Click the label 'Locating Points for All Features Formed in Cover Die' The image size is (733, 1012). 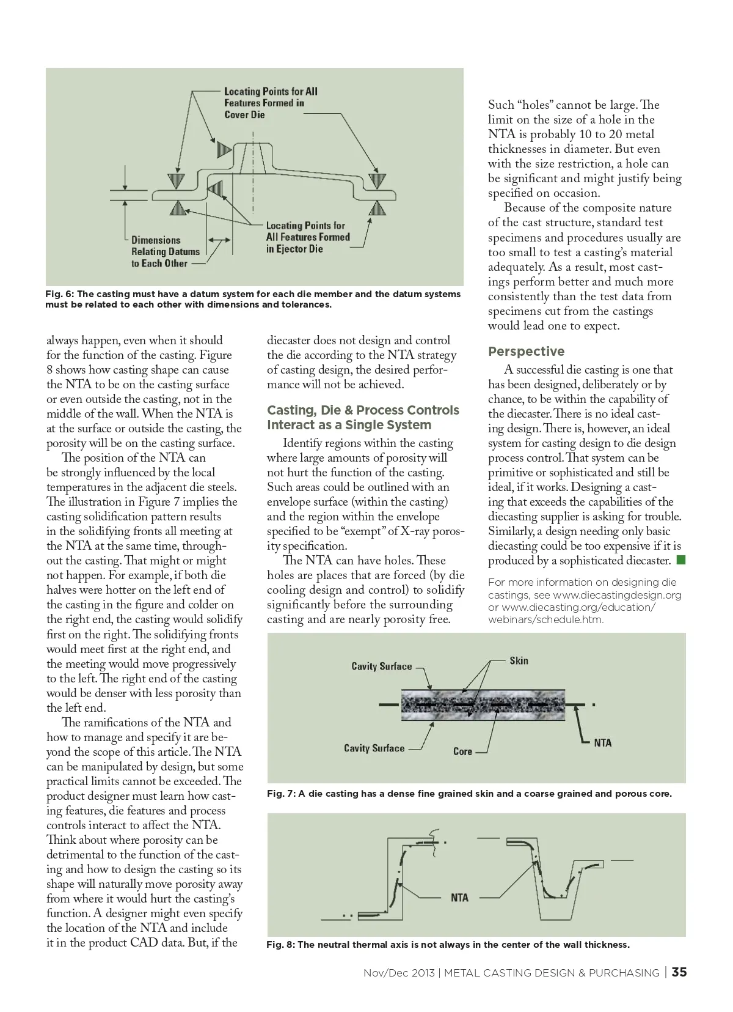point(271,103)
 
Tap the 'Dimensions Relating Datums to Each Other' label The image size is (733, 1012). point(165,251)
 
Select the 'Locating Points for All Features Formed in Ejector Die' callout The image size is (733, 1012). point(308,237)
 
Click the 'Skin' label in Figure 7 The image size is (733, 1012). point(519,660)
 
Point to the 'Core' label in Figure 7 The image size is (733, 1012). point(462,751)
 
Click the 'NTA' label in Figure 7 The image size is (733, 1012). point(602,742)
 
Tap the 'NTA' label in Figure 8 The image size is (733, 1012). point(459,898)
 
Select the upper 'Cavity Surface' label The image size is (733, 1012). point(381,666)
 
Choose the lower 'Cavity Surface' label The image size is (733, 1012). point(374,748)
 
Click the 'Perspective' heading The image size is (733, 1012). point(526,352)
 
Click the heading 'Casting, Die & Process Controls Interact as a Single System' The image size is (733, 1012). point(363,418)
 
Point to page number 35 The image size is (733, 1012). point(679,972)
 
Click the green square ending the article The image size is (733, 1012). point(680,560)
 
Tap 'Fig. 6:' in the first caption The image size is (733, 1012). point(59,294)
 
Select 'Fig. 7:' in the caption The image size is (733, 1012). point(281,794)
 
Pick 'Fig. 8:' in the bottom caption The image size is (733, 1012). point(280,945)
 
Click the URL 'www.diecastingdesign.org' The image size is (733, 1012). point(617,595)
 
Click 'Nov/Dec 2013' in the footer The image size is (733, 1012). point(399,973)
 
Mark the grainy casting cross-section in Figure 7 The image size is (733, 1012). point(483,704)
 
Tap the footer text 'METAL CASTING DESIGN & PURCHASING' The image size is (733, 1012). point(552,973)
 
